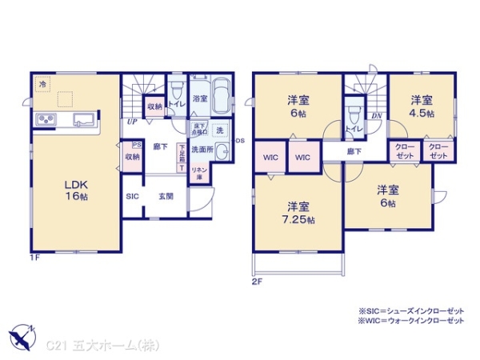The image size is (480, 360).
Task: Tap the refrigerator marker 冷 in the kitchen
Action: [x=41, y=82]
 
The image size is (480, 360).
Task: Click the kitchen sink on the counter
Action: [x=84, y=121]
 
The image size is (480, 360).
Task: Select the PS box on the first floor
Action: [x=135, y=146]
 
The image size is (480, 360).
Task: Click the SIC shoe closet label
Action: [x=131, y=195]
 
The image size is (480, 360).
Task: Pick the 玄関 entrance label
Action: [x=166, y=195]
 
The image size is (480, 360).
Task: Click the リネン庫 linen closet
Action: [x=200, y=171]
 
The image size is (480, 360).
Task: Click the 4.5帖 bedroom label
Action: [x=422, y=107]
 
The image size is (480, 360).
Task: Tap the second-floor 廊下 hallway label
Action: [x=354, y=150]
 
